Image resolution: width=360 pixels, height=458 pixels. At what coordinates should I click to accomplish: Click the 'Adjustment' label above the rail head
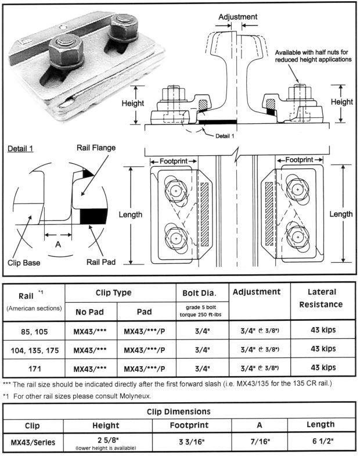click(x=237, y=17)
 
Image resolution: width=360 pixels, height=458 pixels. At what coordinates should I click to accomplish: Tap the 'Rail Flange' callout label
click(x=96, y=147)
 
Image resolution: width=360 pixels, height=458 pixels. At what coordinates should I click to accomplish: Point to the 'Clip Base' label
click(x=24, y=263)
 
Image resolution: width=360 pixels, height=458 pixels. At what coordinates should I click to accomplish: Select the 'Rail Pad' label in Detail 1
click(x=100, y=262)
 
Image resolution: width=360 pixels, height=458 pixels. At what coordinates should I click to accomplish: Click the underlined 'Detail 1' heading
click(x=21, y=148)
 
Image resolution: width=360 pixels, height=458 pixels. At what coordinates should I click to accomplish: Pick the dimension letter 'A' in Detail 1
click(x=57, y=245)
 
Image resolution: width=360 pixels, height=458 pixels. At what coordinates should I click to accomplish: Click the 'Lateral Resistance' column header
click(x=322, y=298)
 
